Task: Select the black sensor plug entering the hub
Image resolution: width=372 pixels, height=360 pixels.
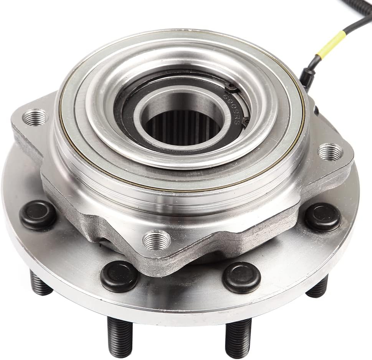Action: pos(307,77)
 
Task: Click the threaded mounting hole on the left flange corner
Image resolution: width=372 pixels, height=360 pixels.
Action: pos(35,117)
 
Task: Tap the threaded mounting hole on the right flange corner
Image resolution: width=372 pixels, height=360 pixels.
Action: pos(330,152)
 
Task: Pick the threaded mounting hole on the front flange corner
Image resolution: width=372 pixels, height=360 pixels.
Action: pos(156,240)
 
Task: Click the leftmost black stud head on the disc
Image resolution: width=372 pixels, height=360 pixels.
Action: pos(38,214)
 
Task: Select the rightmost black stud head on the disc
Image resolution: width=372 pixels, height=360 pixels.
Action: pos(323,217)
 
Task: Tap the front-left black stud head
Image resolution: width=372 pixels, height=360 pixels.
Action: pos(119,275)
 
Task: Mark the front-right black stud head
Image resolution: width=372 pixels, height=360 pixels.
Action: pos(241,277)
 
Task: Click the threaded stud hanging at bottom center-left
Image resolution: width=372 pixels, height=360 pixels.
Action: pos(119,336)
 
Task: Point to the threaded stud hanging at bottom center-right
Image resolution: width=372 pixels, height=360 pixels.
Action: pos(238,338)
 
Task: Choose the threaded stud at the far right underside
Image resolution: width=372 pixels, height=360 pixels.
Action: pos(317,288)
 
